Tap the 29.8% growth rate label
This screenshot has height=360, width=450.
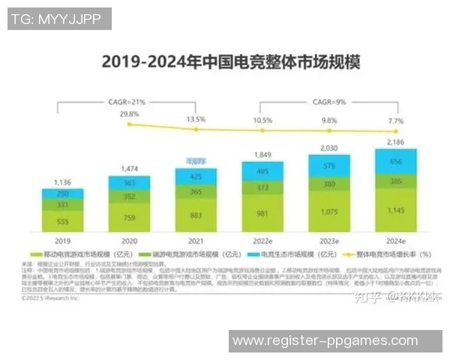tap(129, 115)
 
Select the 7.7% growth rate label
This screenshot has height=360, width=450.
tap(396, 120)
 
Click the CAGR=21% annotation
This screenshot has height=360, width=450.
tap(127, 100)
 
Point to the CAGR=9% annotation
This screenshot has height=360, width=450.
tap(328, 100)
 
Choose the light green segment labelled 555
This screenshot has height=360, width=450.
tap(62, 222)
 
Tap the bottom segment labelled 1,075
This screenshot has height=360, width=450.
tap(329, 212)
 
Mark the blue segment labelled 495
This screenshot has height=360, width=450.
tap(262, 170)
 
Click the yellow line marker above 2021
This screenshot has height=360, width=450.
tap(196, 129)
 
